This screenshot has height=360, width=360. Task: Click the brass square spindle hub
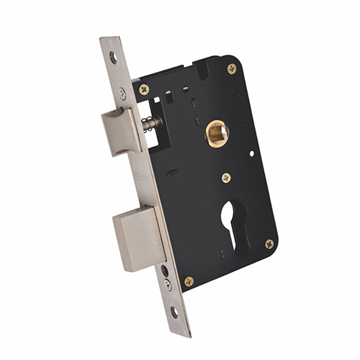coord(216,134)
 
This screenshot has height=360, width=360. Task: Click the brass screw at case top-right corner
coord(231,69)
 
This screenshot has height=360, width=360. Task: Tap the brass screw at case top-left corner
coord(144,89)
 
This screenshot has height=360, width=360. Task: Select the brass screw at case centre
coord(226,177)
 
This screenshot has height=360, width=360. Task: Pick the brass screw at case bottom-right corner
coord(269,244)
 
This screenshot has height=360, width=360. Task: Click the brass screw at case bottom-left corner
coord(189,282)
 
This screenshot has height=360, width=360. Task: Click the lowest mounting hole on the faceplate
coord(175,312)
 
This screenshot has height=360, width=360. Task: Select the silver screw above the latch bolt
coord(122,93)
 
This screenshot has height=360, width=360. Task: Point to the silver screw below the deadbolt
coord(168,284)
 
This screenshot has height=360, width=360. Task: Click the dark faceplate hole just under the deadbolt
coord(164,271)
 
